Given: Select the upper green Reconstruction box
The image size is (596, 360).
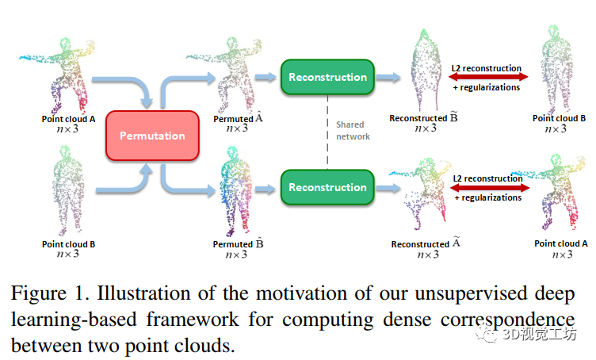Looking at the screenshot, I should [x=327, y=77].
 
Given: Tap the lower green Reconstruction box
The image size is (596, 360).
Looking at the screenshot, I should [x=327, y=187].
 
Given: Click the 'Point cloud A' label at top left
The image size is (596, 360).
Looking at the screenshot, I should [x=69, y=119].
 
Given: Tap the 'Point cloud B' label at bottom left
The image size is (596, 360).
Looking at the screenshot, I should [x=69, y=244].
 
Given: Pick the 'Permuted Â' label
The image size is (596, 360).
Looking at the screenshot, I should [x=238, y=119].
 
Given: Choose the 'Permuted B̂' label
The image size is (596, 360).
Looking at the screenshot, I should [x=238, y=244].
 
